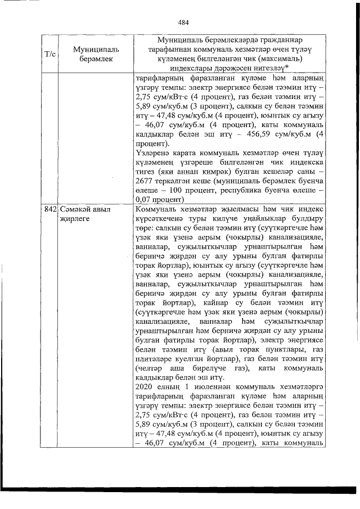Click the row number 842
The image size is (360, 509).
pos(51,209)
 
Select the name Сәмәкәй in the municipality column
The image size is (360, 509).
pos(76,209)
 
